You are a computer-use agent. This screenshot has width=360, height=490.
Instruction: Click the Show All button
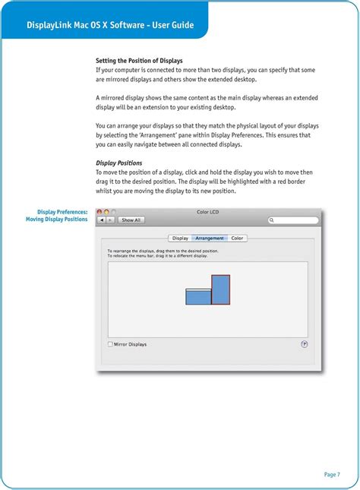pyautogui.click(x=131, y=220)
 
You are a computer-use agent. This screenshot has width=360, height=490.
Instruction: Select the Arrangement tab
pyautogui.click(x=210, y=239)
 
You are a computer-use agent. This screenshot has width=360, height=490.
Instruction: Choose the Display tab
pyautogui.click(x=180, y=239)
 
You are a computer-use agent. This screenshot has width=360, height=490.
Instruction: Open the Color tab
pyautogui.click(x=237, y=239)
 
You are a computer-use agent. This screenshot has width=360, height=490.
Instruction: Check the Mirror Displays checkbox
pyautogui.click(x=110, y=344)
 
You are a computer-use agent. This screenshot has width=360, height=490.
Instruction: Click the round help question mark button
pyautogui.click(x=305, y=344)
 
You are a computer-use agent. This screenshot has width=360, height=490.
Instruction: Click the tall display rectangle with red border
pyautogui.click(x=220, y=289)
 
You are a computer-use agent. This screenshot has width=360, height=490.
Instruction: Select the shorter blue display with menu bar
pyautogui.click(x=197, y=297)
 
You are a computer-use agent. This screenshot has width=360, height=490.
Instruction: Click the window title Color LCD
pyautogui.click(x=208, y=212)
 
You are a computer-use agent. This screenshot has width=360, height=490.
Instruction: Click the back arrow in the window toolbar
pyautogui.click(x=103, y=220)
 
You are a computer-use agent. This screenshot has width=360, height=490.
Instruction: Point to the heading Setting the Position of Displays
pyautogui.click(x=139, y=60)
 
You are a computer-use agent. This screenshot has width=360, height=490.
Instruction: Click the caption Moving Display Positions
pyautogui.click(x=57, y=220)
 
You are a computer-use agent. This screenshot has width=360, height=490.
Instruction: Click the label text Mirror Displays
pyautogui.click(x=130, y=344)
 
